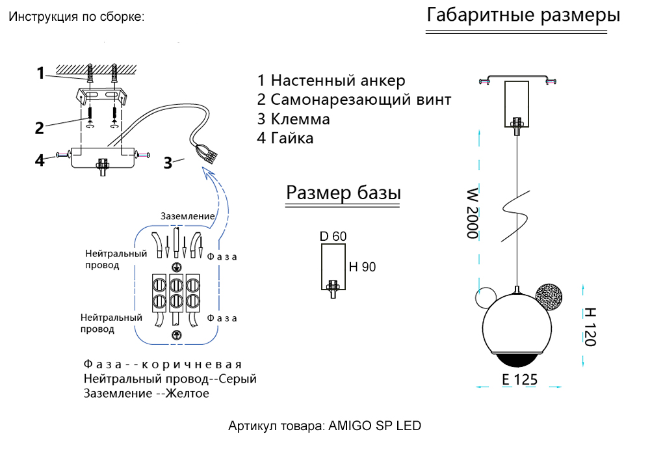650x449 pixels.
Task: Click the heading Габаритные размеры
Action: pos(523,16)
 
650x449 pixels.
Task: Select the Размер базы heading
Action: pos(343,193)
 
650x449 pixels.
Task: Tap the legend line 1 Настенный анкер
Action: pos(331,81)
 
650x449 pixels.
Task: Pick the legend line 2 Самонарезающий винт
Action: pos(354,100)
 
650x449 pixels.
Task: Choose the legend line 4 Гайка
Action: pos(285,138)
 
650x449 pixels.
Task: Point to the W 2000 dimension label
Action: pos(473,214)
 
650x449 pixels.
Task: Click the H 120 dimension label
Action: pos(590,327)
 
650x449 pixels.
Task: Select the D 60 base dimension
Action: pos(333,236)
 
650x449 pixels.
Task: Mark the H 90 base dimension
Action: pos(362,267)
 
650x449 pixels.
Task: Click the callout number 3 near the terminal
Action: pos(168,163)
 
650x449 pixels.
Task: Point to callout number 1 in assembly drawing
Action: pos(40,73)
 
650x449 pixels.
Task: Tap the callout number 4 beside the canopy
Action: pos(40,159)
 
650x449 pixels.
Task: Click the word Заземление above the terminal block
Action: pos(187,216)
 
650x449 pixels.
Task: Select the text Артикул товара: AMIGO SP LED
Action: pos(325,426)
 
